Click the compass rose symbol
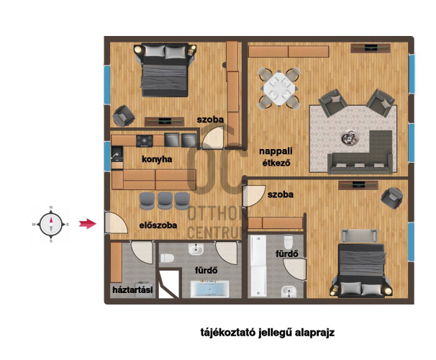tap(51, 224)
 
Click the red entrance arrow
tap(88, 223)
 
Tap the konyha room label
tap(157, 159)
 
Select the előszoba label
tap(158, 225)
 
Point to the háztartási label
tap(132, 289)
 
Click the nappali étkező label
tap(276, 157)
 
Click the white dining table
tap(279, 88)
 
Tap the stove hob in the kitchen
tap(145, 141)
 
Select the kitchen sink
tap(117, 154)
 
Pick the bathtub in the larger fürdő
tap(209, 289)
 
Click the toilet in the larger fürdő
tap(167, 258)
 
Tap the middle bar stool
tap(165, 201)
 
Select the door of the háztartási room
tap(142, 252)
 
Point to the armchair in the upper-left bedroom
tap(124, 116)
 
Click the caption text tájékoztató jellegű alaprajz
tap(267, 333)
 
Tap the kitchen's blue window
tap(107, 156)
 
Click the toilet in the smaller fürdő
tap(289, 242)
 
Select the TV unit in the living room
tap(370, 48)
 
